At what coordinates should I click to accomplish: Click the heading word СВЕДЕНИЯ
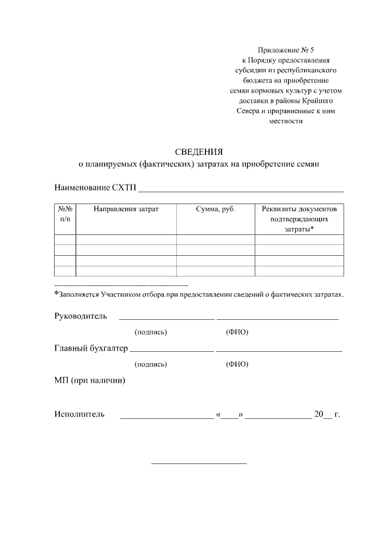(199, 151)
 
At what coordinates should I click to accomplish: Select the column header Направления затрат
(126, 209)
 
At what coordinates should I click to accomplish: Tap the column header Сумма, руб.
(216, 209)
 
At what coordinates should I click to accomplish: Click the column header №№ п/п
(65, 214)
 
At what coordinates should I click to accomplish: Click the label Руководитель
(81, 316)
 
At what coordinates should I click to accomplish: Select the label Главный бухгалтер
(91, 348)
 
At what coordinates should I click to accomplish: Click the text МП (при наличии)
(90, 381)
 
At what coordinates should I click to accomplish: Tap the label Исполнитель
(80, 414)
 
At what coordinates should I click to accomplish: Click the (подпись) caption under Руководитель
(151, 332)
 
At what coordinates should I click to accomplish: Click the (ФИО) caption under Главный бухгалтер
(237, 364)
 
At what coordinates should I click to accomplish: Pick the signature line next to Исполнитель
(166, 418)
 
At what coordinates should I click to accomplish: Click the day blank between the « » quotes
(230, 417)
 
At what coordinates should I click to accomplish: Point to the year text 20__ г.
(327, 414)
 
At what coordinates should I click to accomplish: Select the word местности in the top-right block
(286, 121)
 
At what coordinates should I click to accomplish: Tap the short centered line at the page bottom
(199, 463)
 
